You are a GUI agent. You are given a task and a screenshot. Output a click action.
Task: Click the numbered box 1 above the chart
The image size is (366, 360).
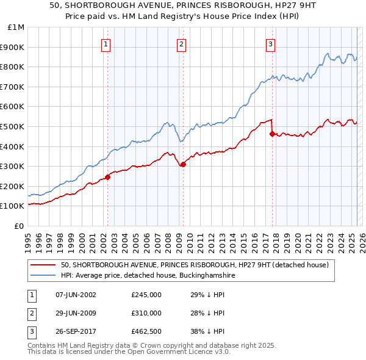[106, 44]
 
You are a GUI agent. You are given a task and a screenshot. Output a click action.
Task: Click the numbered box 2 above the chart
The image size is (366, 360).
[182, 44]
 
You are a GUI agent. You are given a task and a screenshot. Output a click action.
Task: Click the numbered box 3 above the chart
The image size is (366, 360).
[270, 44]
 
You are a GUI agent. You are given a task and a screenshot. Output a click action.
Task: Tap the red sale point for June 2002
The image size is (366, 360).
[108, 177]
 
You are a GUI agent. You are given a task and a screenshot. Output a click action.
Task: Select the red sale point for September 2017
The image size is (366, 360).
[272, 134]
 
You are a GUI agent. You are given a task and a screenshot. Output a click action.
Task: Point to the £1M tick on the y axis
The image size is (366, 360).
[16, 27]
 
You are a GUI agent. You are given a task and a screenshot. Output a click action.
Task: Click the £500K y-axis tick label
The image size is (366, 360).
[14, 127]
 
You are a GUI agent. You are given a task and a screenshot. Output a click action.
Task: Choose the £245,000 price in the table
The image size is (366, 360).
[146, 295]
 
